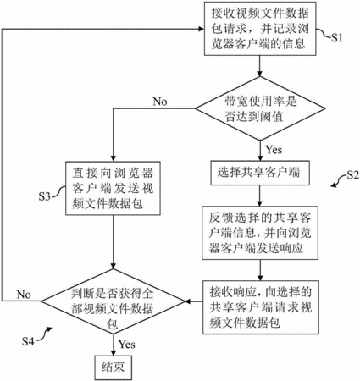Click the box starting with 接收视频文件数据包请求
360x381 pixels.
coord(260,29)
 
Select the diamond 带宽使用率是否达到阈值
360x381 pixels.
coord(260,108)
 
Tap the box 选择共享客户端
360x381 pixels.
coord(260,173)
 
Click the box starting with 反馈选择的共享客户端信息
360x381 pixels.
coord(260,233)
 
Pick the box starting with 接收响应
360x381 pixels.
coord(261,307)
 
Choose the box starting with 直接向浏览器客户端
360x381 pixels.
coord(113,188)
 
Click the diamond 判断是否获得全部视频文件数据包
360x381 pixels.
coord(113,301)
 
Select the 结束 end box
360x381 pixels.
coord(114,367)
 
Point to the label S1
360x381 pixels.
coord(336,37)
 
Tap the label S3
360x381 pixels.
coord(45,196)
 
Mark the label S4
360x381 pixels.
coord(28,341)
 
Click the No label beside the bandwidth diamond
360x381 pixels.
coord(160,102)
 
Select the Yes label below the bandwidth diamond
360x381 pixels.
coord(274,149)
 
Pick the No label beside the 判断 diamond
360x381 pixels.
coord(24,295)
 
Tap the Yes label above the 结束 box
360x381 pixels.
coord(127,344)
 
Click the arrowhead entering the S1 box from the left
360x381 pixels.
coord(202,29)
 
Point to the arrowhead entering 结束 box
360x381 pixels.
coord(114,352)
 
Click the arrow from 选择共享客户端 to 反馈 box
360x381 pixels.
coord(260,196)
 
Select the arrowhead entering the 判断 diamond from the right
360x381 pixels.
coord(188,301)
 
